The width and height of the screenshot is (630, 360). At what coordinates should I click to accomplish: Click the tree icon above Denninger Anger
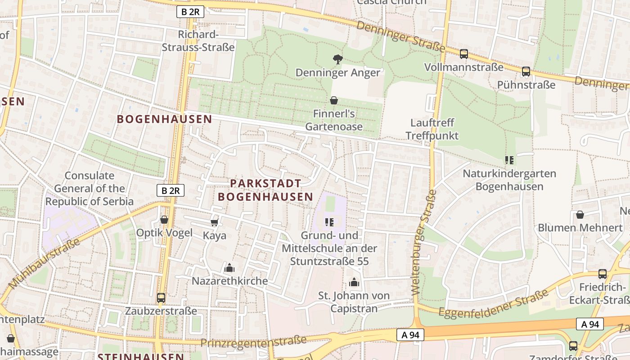click(337, 59)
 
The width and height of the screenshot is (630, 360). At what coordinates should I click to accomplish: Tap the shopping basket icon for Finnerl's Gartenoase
click(334, 100)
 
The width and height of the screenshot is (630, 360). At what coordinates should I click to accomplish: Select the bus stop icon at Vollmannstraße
click(464, 54)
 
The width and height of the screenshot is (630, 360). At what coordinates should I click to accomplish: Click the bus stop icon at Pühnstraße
click(526, 72)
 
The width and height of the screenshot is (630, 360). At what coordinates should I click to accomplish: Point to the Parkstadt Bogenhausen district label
click(265, 190)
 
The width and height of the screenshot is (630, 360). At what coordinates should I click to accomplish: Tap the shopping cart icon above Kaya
click(215, 222)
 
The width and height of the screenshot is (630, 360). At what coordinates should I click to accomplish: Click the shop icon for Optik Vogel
click(164, 220)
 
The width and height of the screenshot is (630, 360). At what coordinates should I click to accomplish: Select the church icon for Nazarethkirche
click(229, 268)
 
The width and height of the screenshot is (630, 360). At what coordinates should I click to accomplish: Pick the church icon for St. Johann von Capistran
click(354, 283)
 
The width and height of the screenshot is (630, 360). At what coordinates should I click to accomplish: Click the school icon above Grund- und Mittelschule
click(329, 222)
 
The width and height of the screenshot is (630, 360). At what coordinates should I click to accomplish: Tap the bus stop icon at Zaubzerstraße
click(161, 298)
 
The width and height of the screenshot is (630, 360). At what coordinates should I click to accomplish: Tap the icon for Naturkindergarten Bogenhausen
click(509, 160)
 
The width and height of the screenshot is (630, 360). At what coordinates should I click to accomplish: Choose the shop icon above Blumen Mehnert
click(580, 215)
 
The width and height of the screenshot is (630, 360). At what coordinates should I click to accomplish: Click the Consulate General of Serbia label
click(90, 188)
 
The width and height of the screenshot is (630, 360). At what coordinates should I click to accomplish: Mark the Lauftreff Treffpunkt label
click(432, 129)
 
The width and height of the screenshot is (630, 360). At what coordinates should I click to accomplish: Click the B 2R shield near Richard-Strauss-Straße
click(190, 12)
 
